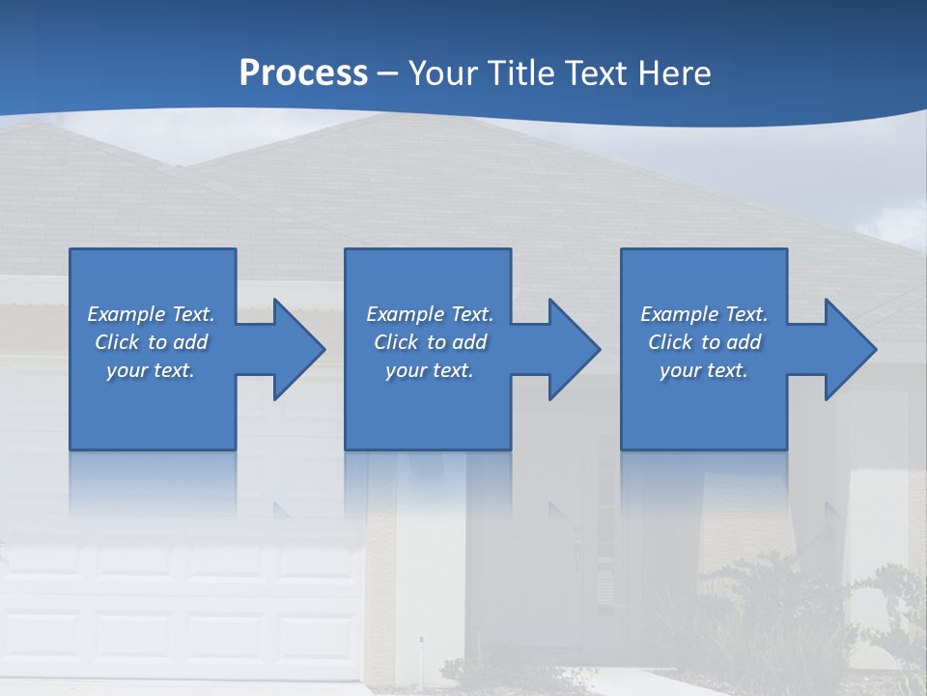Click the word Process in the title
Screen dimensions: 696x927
pyautogui.click(x=303, y=73)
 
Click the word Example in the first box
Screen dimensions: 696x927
pyautogui.click(x=126, y=314)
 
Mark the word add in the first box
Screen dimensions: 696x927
pyautogui.click(x=191, y=342)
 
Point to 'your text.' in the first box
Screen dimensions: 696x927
pyautogui.click(x=151, y=370)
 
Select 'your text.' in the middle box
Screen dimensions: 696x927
pyautogui.click(x=429, y=370)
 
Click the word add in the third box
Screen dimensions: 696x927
pyautogui.click(x=744, y=342)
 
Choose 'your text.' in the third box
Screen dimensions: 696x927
pyautogui.click(x=704, y=370)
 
